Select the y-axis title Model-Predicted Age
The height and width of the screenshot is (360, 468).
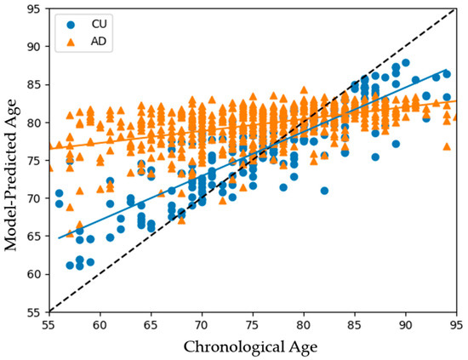12,159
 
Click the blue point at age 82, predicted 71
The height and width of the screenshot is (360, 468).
324,191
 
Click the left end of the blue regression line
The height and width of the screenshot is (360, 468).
59,237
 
